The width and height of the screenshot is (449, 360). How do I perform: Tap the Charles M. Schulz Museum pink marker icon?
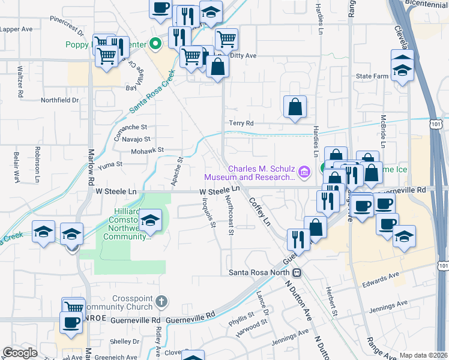304,173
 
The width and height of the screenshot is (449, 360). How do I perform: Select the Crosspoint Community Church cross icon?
161,299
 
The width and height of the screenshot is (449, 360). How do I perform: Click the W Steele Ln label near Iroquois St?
220,191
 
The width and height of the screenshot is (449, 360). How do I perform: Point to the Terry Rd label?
241,123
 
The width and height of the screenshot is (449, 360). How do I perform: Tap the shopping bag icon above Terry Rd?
295,108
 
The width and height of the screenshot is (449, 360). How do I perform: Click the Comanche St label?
130,127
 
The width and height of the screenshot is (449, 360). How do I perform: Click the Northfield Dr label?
59,100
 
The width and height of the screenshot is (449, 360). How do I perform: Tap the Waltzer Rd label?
20,82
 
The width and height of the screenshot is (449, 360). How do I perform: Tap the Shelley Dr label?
125,341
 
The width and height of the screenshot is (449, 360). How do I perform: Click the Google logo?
20,353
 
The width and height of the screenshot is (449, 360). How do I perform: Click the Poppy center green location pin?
155,44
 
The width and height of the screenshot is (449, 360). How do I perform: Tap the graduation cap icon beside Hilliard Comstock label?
151,220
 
